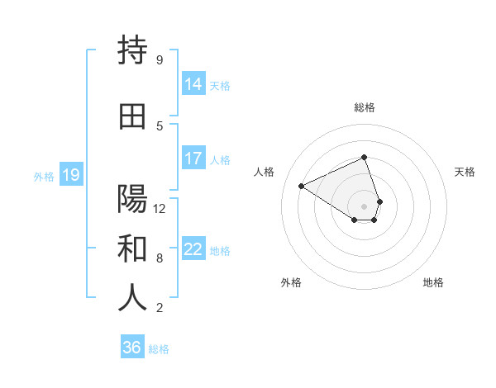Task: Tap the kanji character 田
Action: click(x=132, y=116)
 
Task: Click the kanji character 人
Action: click(x=132, y=298)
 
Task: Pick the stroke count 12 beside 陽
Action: click(x=160, y=208)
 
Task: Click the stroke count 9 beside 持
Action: click(x=160, y=59)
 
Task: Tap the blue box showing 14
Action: click(x=193, y=83)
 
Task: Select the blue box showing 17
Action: click(x=193, y=159)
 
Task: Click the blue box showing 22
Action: click(x=193, y=249)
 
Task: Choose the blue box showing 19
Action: click(x=70, y=175)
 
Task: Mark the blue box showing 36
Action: click(x=131, y=348)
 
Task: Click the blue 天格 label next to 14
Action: click(x=220, y=85)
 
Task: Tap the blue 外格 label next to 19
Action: click(x=44, y=176)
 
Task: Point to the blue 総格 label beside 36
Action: click(x=159, y=349)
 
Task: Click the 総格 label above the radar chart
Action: click(x=364, y=107)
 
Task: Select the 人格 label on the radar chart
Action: click(x=265, y=172)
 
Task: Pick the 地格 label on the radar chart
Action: click(x=433, y=282)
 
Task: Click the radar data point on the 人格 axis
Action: click(x=302, y=187)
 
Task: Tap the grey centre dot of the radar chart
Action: click(x=364, y=206)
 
